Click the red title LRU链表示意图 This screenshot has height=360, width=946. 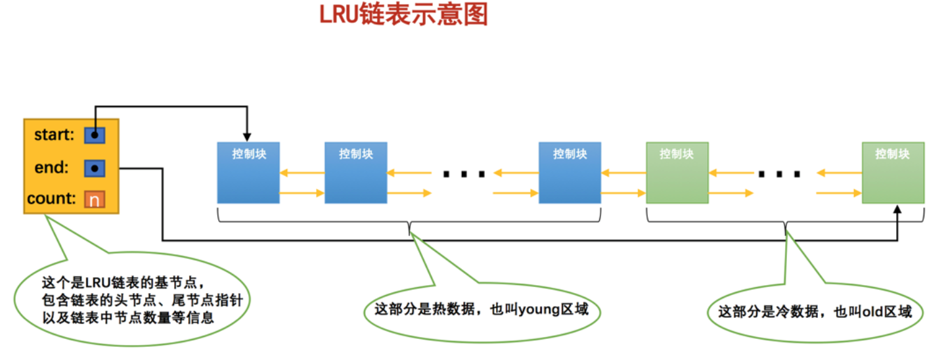tap(403, 14)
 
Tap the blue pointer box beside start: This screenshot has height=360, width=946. tap(95, 135)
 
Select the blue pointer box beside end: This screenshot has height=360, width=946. tap(95, 168)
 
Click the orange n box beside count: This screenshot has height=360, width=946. tap(95, 200)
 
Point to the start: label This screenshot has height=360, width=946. tap(54, 135)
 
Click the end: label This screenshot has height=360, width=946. tap(51, 168)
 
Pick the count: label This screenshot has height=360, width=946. tap(51, 198)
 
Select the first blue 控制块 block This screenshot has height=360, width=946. tap(248, 173)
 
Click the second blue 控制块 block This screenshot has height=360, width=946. tap(356, 173)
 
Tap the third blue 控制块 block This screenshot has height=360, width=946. tap(570, 173)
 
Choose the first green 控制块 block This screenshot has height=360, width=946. tap(677, 173)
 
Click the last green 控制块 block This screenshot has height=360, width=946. tap(893, 173)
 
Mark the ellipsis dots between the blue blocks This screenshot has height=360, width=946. tap(464, 174)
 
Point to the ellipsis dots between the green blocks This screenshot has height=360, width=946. tap(779, 174)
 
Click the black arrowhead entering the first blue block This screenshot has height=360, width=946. tap(247, 137)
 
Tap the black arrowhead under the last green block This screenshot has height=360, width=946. tap(897, 210)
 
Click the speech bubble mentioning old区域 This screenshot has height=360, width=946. tap(815, 312)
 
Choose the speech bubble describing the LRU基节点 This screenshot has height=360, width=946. tap(132, 299)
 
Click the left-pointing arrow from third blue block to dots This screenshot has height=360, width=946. tap(516, 173)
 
